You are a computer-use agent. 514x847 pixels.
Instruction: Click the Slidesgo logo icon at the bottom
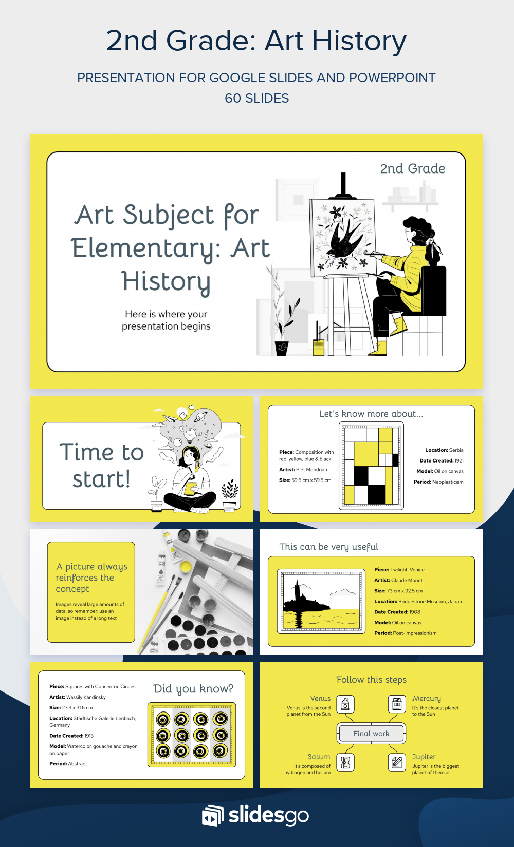[x=212, y=815]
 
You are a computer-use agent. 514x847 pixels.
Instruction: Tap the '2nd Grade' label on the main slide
[x=412, y=169]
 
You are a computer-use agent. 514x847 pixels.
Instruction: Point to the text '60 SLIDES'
[x=256, y=98]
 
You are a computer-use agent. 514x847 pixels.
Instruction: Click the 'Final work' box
[x=371, y=734]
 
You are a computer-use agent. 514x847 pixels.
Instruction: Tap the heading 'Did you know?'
[x=193, y=689]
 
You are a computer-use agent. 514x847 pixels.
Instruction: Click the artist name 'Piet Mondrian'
[x=311, y=470]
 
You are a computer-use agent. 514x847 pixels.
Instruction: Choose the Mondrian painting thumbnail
[x=371, y=466]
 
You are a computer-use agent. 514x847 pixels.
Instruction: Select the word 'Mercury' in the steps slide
[x=426, y=699]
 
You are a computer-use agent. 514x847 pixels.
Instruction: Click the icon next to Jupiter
[x=397, y=762]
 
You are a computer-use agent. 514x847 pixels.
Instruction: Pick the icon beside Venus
[x=345, y=704]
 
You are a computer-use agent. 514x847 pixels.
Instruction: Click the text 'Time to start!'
[x=101, y=466]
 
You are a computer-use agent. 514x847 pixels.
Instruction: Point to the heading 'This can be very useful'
[x=328, y=547]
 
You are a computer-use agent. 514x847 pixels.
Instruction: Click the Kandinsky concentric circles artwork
[x=192, y=735]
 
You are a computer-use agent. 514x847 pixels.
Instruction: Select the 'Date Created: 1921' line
[x=441, y=460]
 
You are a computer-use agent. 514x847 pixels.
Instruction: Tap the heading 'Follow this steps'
[x=371, y=680]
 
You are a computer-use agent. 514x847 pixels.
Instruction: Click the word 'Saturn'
[x=319, y=757]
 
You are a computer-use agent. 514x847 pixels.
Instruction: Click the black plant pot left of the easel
[x=282, y=348]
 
